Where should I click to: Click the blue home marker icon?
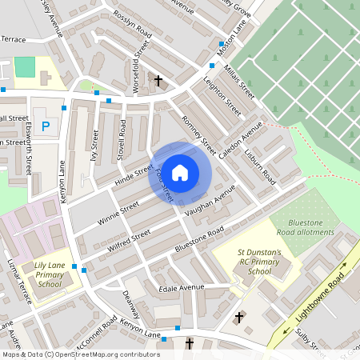click(180, 172)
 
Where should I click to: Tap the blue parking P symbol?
click(46, 126)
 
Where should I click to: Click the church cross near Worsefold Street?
click(158, 81)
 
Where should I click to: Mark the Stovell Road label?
click(122, 139)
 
